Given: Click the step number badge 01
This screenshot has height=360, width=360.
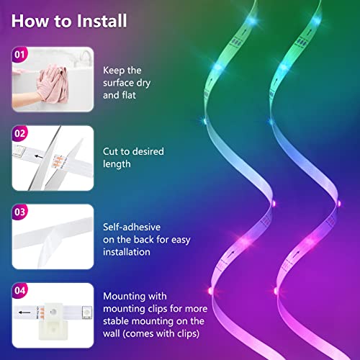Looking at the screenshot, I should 20,55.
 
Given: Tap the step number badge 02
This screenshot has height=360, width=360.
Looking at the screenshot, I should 20,133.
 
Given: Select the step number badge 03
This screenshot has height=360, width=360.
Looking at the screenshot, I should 20,213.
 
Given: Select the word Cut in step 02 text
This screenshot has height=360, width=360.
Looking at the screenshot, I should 112,151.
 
